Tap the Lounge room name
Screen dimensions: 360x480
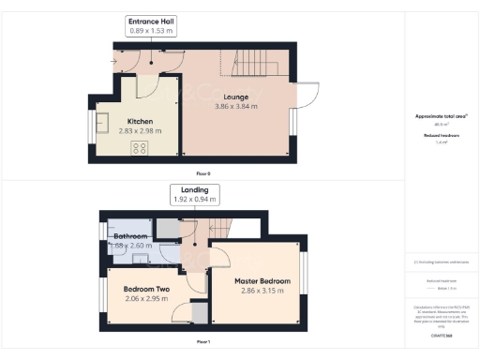235,97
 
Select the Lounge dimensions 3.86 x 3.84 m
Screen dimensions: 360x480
235,106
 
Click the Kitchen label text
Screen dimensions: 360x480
141,121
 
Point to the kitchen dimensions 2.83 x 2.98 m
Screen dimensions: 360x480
141,130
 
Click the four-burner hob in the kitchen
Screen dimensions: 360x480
141,148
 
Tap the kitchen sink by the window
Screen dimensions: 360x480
106,123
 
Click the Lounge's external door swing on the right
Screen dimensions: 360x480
307,95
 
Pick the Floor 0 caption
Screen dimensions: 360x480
203,173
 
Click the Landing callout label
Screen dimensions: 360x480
194,189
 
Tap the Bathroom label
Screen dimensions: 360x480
129,236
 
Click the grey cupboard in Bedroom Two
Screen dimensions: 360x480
198,313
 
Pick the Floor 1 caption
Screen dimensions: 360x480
203,342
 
